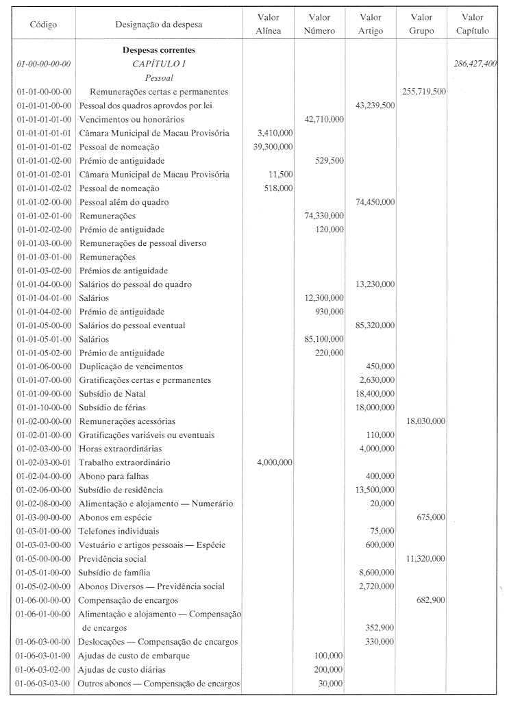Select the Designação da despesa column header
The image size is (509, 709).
[159, 25]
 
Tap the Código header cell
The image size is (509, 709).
[43, 25]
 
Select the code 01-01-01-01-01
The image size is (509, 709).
[42, 133]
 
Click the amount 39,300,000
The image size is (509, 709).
[272, 147]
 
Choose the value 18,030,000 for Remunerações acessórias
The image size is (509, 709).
[426, 421]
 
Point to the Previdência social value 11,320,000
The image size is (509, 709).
[426, 559]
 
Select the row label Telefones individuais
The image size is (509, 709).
[119, 531]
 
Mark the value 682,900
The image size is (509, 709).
[432, 600]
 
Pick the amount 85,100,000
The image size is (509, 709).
[323, 339]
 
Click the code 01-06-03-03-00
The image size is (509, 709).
[42, 683]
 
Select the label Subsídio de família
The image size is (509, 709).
[115, 573]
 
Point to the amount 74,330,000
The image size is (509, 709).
[323, 215]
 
